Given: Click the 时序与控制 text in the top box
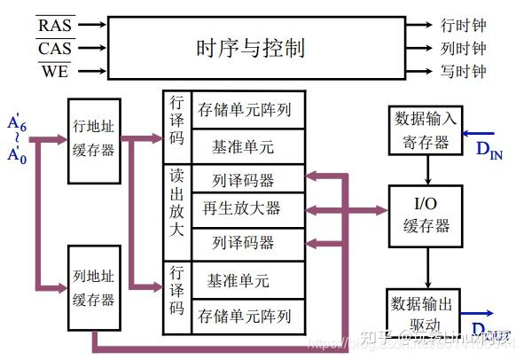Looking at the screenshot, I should [x=250, y=47].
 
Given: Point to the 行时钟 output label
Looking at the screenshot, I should [x=463, y=26].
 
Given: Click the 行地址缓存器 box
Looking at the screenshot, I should [x=93, y=140].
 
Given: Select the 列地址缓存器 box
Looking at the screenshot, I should [x=93, y=289].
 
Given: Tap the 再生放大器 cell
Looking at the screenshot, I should [x=241, y=209].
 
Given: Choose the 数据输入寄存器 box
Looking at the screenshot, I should [x=426, y=130].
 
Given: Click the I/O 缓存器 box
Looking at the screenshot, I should [x=426, y=215].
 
